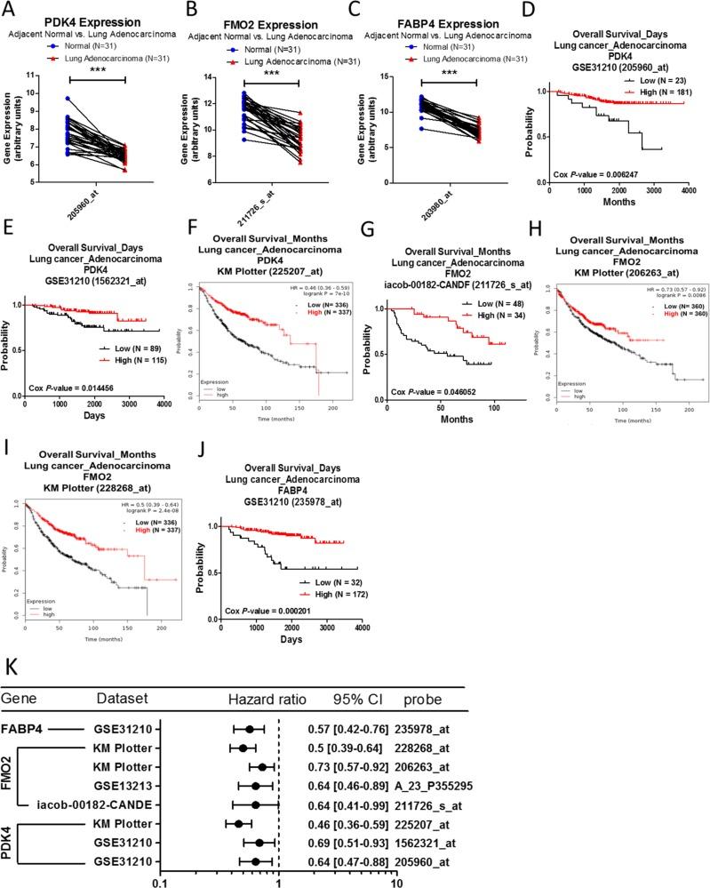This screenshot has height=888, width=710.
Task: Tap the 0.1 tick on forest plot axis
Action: click(160, 879)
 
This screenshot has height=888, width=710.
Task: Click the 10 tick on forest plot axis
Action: click(397, 879)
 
